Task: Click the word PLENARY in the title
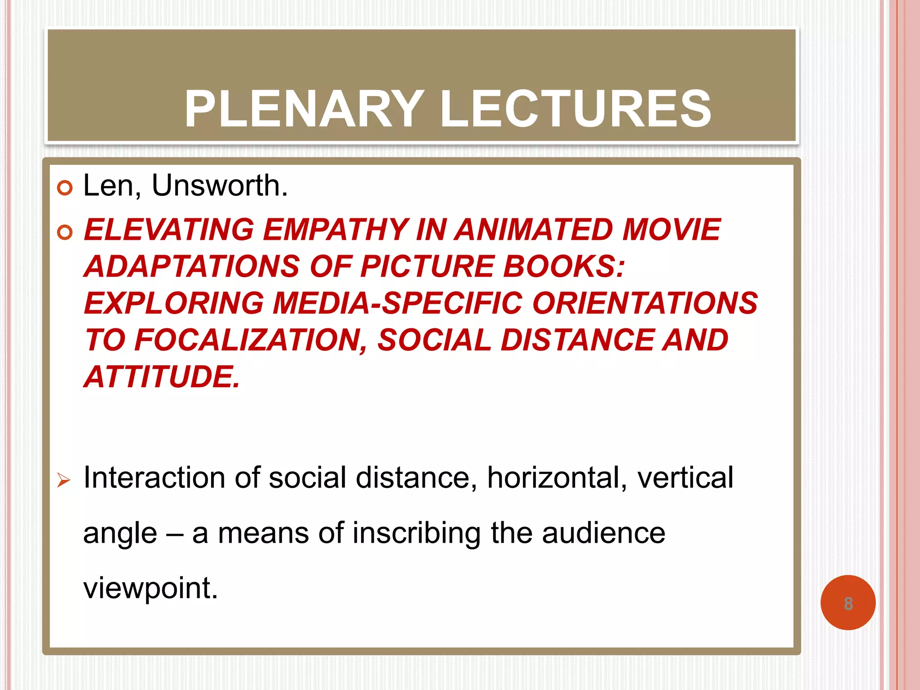pos(304,109)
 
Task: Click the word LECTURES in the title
pos(575,109)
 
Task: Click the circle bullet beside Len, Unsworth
pos(65,188)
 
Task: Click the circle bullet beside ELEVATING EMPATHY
pos(65,232)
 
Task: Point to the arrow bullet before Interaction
pos(64,481)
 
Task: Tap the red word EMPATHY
pos(335,230)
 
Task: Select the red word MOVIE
pos(671,230)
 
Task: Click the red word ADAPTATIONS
pos(192,267)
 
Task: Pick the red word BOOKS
pos(563,267)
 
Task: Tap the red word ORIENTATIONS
pos(645,303)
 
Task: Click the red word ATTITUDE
pos(162,377)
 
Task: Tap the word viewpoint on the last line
pos(150,588)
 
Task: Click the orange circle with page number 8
pos(848,602)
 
